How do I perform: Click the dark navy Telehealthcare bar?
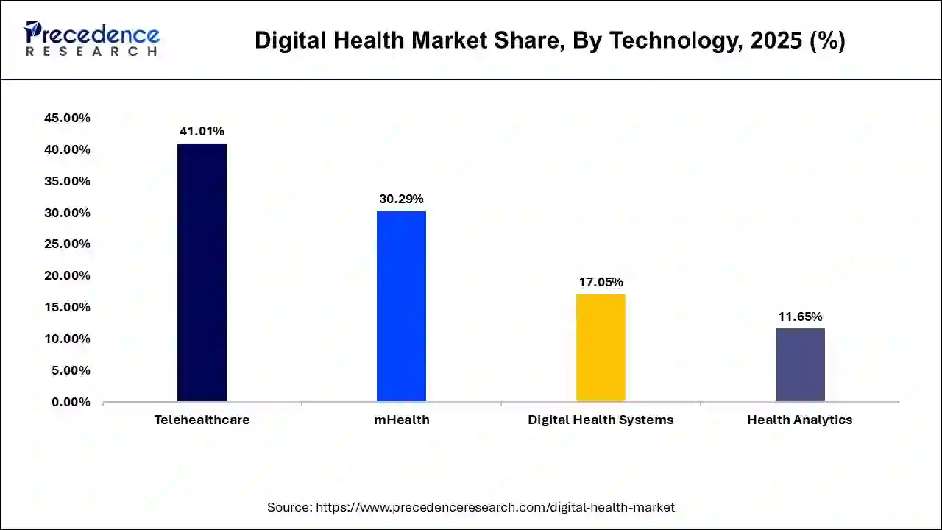(202, 272)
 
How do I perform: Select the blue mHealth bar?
(401, 306)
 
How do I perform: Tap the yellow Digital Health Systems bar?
(601, 347)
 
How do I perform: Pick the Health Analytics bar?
(800, 364)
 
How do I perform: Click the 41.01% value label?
(202, 131)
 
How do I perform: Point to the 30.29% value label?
(401, 199)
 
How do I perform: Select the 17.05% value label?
(601, 282)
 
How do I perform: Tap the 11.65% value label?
(800, 317)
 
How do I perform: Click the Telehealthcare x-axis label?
(202, 420)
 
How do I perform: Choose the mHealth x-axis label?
(401, 420)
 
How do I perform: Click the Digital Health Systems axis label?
(601, 420)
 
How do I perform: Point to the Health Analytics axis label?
(800, 420)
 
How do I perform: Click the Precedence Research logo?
(91, 38)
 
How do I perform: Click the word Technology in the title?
(675, 41)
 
